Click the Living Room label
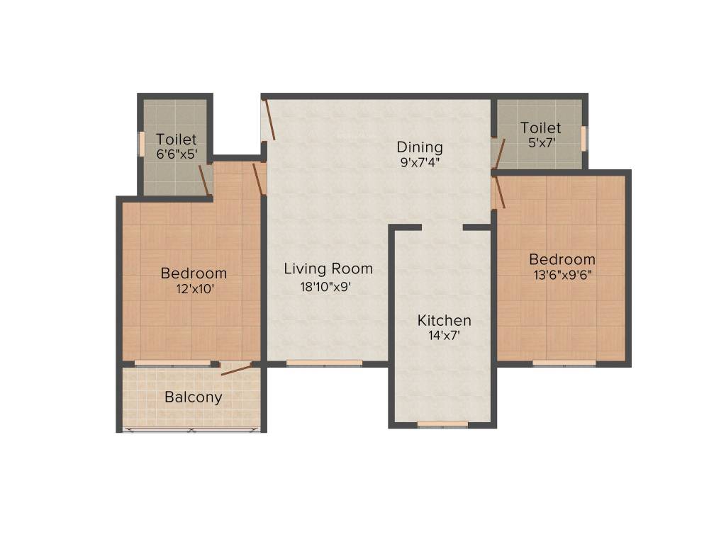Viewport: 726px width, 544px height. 328,269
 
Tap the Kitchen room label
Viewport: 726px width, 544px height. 444,321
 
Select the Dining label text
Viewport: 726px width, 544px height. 420,147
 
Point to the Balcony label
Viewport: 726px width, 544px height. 193,397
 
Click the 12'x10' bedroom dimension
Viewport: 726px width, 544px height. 194,289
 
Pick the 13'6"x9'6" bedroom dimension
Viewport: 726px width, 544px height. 562,275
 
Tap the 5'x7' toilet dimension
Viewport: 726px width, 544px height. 540,142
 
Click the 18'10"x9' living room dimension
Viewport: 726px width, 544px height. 326,287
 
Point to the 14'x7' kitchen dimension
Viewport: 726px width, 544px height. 444,336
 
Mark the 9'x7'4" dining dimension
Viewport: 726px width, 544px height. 420,162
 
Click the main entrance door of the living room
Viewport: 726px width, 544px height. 267,120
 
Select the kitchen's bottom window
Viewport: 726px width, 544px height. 442,424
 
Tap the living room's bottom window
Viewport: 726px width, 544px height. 324,363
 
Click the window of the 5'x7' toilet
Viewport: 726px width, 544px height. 583,138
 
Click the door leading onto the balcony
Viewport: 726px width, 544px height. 236,368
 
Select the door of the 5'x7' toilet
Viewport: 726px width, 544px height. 499,154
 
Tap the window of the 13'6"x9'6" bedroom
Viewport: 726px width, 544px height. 564,363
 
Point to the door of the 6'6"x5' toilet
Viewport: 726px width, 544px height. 204,181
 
